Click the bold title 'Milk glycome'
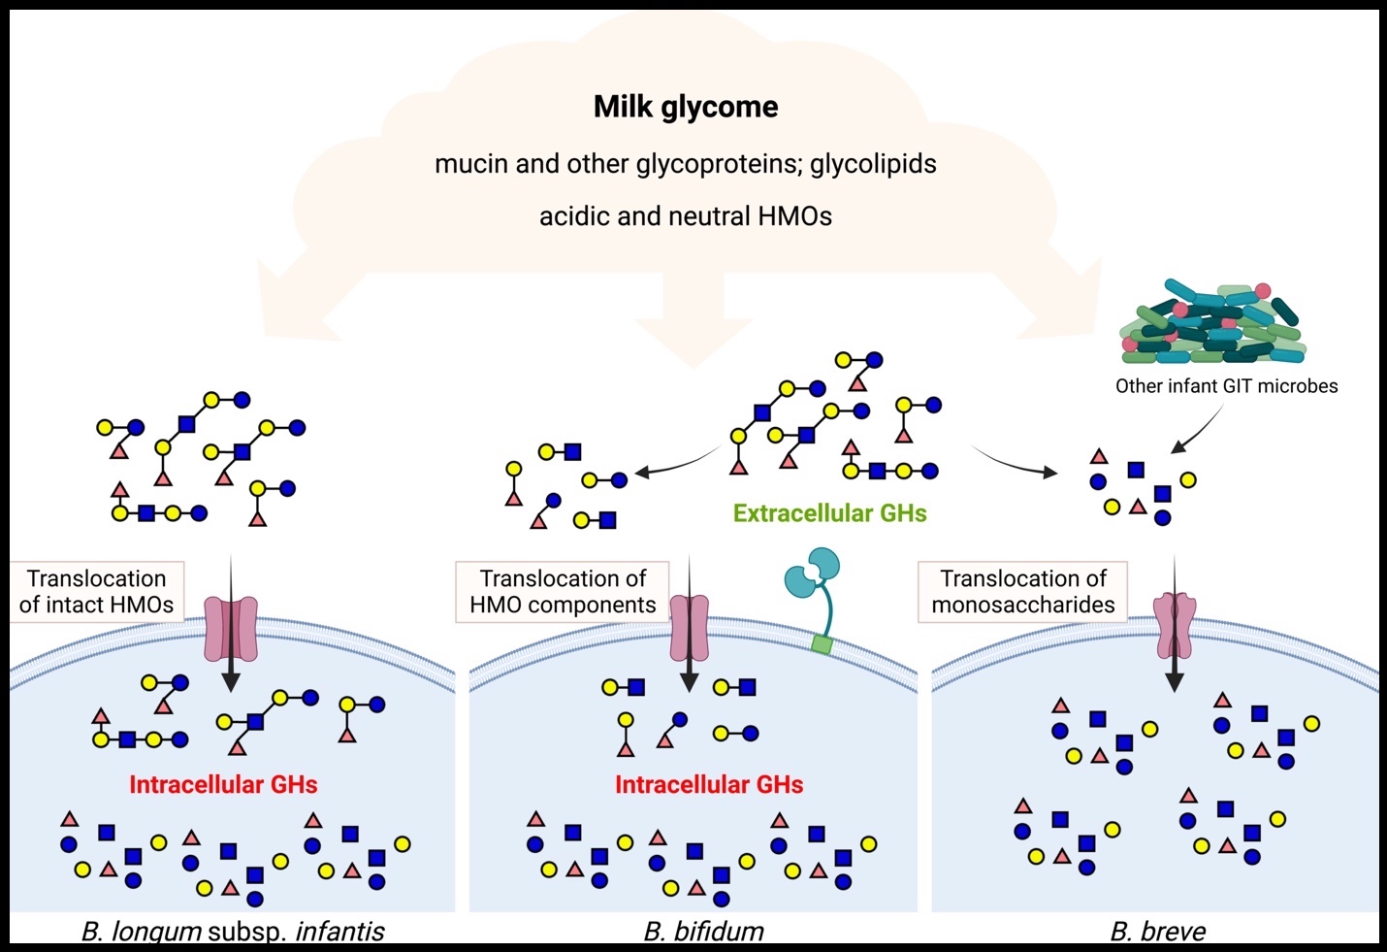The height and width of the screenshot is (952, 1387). [686, 107]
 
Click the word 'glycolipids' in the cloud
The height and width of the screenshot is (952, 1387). [873, 164]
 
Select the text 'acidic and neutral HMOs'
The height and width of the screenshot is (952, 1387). [686, 215]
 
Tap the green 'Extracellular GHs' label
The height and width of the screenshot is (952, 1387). [829, 513]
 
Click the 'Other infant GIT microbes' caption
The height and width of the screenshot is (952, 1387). [1226, 386]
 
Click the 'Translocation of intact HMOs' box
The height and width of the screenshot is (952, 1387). [96, 592]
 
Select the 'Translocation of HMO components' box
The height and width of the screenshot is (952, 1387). [563, 592]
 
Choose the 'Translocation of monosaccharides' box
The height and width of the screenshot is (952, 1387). [1023, 592]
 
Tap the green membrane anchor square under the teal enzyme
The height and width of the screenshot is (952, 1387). [823, 644]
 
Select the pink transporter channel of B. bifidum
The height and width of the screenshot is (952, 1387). [690, 629]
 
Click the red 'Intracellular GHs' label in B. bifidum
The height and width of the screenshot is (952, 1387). [709, 785]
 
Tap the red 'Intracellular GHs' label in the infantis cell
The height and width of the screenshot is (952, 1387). [223, 785]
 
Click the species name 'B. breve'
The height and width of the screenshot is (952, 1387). [1158, 933]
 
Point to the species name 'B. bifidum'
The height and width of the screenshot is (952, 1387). [704, 933]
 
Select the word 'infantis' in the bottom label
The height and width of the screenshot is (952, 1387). [339, 933]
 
